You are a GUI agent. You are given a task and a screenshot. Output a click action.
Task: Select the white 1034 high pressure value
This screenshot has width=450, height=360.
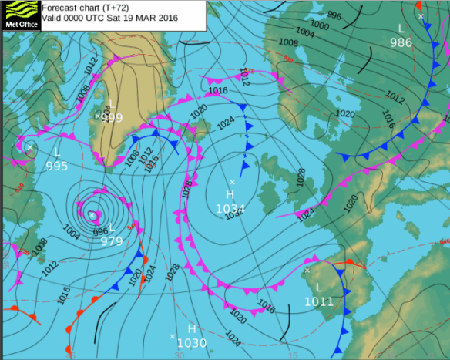(x=230, y=208)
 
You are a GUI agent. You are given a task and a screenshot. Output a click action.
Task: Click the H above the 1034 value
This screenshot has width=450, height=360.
(x=230, y=195)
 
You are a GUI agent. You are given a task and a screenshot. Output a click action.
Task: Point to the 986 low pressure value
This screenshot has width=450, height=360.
(x=401, y=42)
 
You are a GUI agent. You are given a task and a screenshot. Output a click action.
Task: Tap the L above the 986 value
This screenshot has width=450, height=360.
(x=401, y=29)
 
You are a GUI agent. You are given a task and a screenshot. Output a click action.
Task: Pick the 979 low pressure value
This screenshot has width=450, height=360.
(x=112, y=241)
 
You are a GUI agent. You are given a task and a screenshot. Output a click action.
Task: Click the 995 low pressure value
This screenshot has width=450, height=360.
(x=57, y=166)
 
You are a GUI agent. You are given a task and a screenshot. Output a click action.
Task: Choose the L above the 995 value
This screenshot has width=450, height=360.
(x=57, y=152)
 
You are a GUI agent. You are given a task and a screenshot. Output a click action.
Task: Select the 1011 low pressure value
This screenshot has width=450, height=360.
(x=318, y=301)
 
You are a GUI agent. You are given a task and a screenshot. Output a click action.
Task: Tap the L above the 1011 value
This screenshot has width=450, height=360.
(x=318, y=287)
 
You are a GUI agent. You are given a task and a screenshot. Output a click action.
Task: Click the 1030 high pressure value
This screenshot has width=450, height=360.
(x=192, y=343)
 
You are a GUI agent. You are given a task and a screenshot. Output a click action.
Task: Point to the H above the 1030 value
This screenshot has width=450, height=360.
(x=192, y=329)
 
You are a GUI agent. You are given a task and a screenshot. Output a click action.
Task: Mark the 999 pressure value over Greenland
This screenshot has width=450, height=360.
(x=112, y=117)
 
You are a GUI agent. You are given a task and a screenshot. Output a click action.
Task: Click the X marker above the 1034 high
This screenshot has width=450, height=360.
(x=232, y=182)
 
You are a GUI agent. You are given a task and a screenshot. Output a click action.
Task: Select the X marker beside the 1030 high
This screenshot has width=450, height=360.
(x=172, y=336)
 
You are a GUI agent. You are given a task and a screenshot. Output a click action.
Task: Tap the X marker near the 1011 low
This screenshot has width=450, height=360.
(x=307, y=271)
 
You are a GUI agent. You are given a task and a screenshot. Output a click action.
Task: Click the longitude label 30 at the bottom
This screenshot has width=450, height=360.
(x=179, y=355)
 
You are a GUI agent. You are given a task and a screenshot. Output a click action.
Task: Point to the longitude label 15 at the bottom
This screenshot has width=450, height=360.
(x=293, y=355)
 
